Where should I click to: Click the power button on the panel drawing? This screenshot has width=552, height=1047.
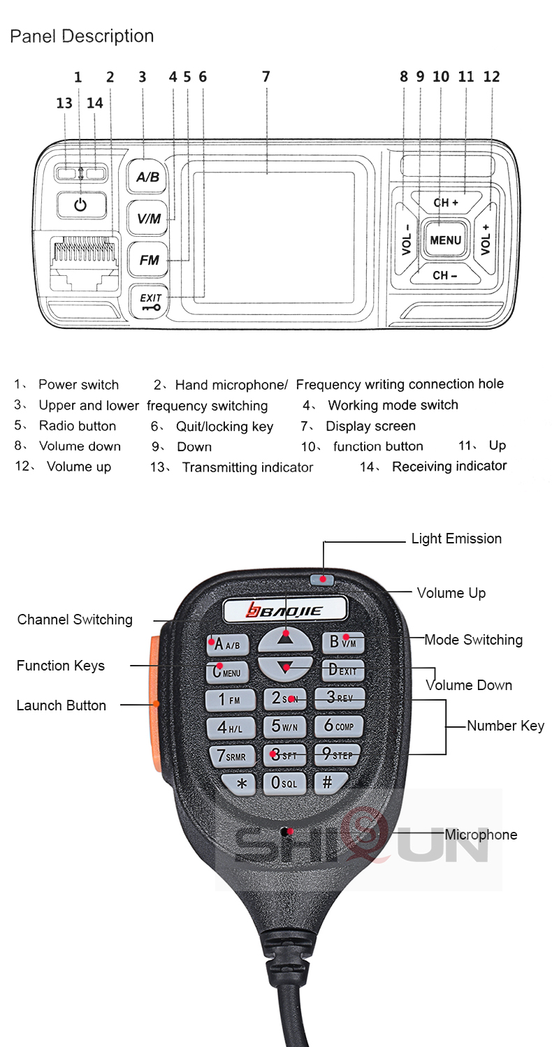(81, 205)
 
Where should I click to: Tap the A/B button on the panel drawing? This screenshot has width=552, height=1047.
(147, 177)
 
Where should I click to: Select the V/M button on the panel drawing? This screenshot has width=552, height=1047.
(148, 219)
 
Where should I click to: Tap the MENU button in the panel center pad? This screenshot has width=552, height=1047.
(445, 240)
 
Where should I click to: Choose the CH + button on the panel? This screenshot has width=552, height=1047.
(446, 203)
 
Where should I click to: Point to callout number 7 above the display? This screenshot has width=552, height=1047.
(266, 77)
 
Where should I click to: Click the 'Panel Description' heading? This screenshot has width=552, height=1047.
(82, 36)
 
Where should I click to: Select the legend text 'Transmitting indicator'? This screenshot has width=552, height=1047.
(247, 467)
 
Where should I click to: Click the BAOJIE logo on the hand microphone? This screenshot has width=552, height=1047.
(285, 611)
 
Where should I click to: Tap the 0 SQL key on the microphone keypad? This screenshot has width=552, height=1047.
(284, 783)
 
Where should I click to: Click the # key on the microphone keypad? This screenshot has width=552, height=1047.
(327, 782)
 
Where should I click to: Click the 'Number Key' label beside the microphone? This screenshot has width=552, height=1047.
(505, 726)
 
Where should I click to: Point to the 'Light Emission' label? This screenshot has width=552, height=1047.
(456, 539)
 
